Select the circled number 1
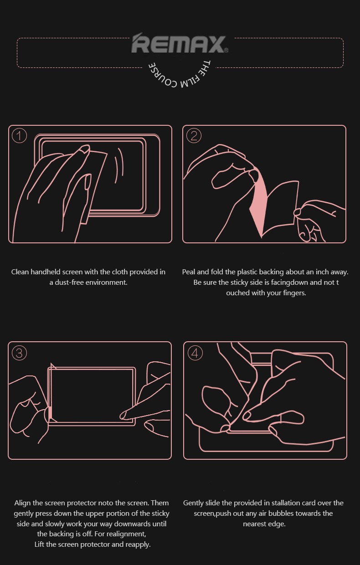20,136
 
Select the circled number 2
194,136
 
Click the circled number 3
20,353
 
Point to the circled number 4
195,353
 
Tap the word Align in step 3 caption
23,503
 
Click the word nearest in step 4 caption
253,524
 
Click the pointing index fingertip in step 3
123,415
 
